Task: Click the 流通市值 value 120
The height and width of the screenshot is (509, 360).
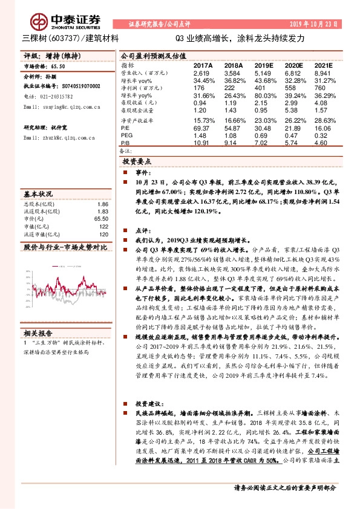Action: pyautogui.click(x=103, y=234)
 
